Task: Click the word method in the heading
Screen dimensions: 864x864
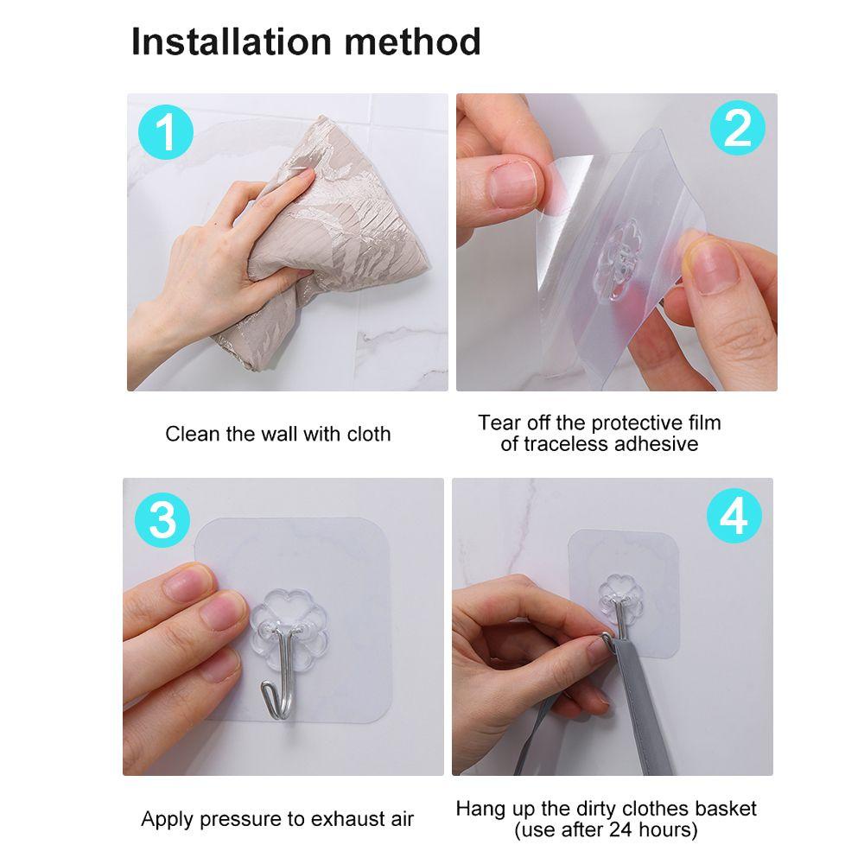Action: pyautogui.click(x=413, y=41)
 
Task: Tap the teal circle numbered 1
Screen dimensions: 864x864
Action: pyautogui.click(x=165, y=132)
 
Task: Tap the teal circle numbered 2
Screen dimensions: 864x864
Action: pyautogui.click(x=737, y=128)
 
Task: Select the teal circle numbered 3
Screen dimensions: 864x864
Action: pyautogui.click(x=162, y=519)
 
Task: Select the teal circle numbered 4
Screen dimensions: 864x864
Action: pyautogui.click(x=734, y=516)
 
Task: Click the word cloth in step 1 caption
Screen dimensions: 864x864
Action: pyautogui.click(x=369, y=435)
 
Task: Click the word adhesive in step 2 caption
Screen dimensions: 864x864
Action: pyautogui.click(x=656, y=444)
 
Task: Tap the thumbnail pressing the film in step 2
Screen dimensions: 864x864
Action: pyautogui.click(x=512, y=184)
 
